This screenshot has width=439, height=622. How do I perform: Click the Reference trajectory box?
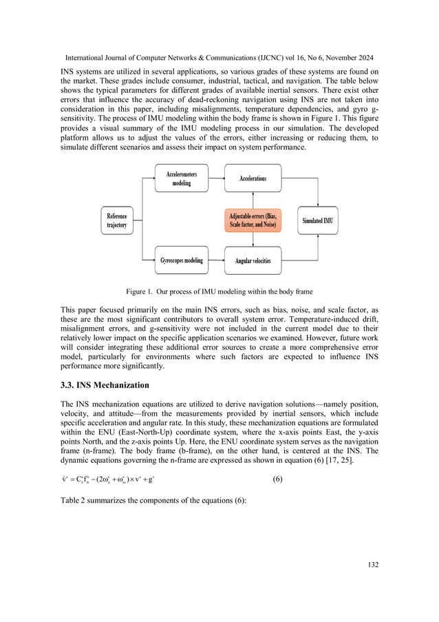coord(117,220)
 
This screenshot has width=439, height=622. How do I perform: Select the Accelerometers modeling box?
coord(181,178)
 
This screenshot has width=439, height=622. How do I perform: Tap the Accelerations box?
coord(253,178)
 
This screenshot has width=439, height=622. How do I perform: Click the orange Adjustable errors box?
coord(253,220)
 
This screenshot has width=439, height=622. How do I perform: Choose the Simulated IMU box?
coord(317,220)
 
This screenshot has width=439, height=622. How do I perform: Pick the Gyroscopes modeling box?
coord(181,260)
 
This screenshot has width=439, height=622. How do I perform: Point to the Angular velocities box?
coord(253,260)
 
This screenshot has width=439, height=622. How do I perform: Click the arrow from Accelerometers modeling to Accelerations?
coord(216,178)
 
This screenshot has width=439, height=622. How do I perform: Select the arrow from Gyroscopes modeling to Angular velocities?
coord(216,260)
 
